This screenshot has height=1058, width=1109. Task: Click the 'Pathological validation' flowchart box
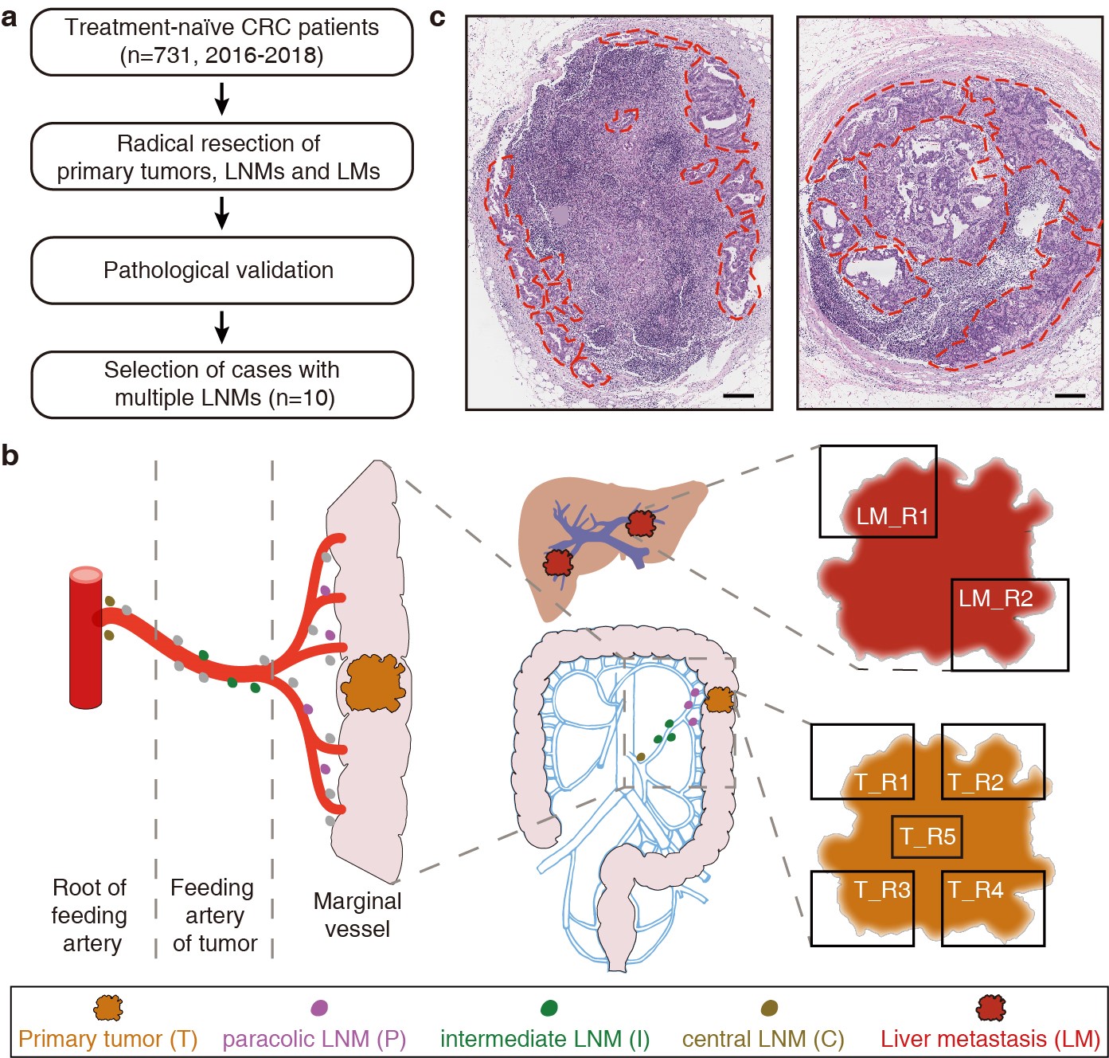[221, 270]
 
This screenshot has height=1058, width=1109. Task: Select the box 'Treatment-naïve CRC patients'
[221, 41]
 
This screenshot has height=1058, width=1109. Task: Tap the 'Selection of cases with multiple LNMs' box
[221, 384]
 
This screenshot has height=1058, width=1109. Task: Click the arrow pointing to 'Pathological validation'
[222, 213]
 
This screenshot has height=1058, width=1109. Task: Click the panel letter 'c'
[437, 18]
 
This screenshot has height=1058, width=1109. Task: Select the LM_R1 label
[892, 516]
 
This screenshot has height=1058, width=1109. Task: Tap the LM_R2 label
[995, 598]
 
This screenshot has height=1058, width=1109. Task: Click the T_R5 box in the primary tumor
[927, 837]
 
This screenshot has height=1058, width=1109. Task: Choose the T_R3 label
[881, 890]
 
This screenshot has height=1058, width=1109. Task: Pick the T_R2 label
[975, 782]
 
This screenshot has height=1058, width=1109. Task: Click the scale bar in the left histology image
[738, 395]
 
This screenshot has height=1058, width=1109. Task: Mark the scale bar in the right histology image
[1070, 395]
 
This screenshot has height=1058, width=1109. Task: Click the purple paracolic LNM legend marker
[319, 1008]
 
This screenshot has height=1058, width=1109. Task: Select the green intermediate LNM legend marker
[549, 1008]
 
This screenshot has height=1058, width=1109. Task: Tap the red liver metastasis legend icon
[990, 1008]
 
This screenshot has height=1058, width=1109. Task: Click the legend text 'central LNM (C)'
[763, 1039]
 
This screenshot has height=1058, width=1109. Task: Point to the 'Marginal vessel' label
[357, 915]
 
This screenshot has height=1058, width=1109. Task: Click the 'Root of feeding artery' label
[90, 915]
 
